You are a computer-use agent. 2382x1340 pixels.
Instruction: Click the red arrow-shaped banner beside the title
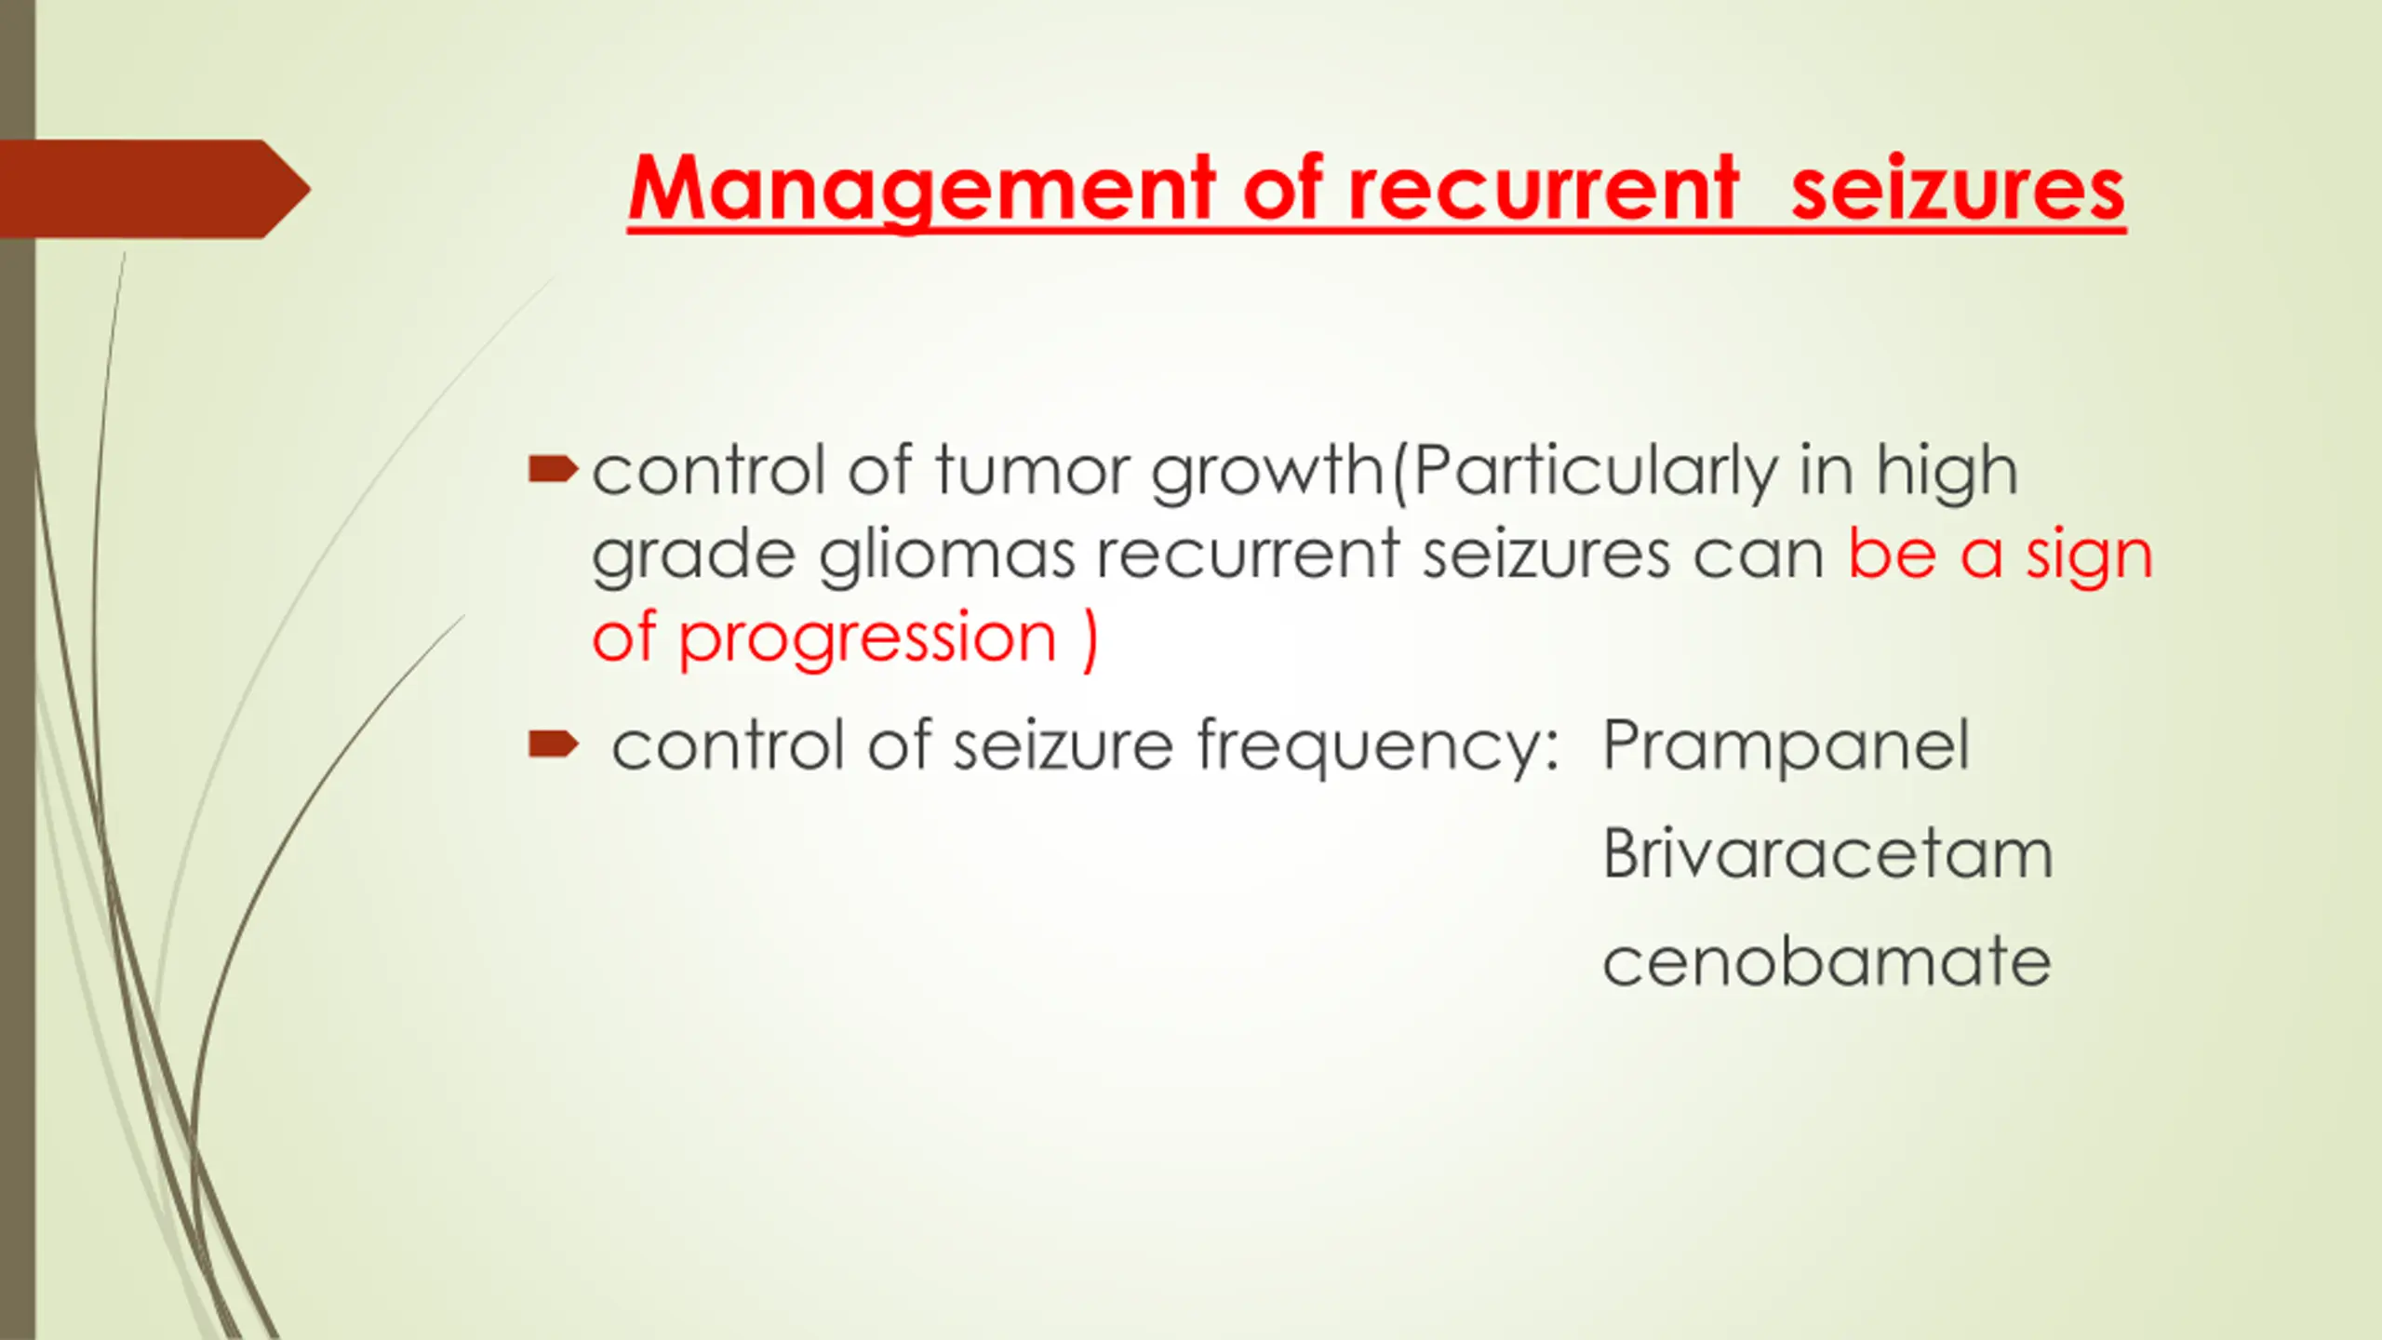(x=154, y=189)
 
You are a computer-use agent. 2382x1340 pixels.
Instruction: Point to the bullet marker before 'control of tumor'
(x=553, y=470)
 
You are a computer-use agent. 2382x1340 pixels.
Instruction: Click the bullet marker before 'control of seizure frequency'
(x=553, y=744)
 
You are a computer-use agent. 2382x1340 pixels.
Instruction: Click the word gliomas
(x=946, y=556)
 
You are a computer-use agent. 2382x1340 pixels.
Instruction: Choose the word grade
(x=693, y=556)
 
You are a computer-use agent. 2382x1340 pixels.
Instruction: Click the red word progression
(x=867, y=640)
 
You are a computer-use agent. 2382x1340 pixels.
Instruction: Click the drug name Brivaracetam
(x=1827, y=853)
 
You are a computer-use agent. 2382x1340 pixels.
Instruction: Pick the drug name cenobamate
(x=1827, y=961)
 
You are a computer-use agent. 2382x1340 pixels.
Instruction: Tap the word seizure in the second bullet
(x=1063, y=746)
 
